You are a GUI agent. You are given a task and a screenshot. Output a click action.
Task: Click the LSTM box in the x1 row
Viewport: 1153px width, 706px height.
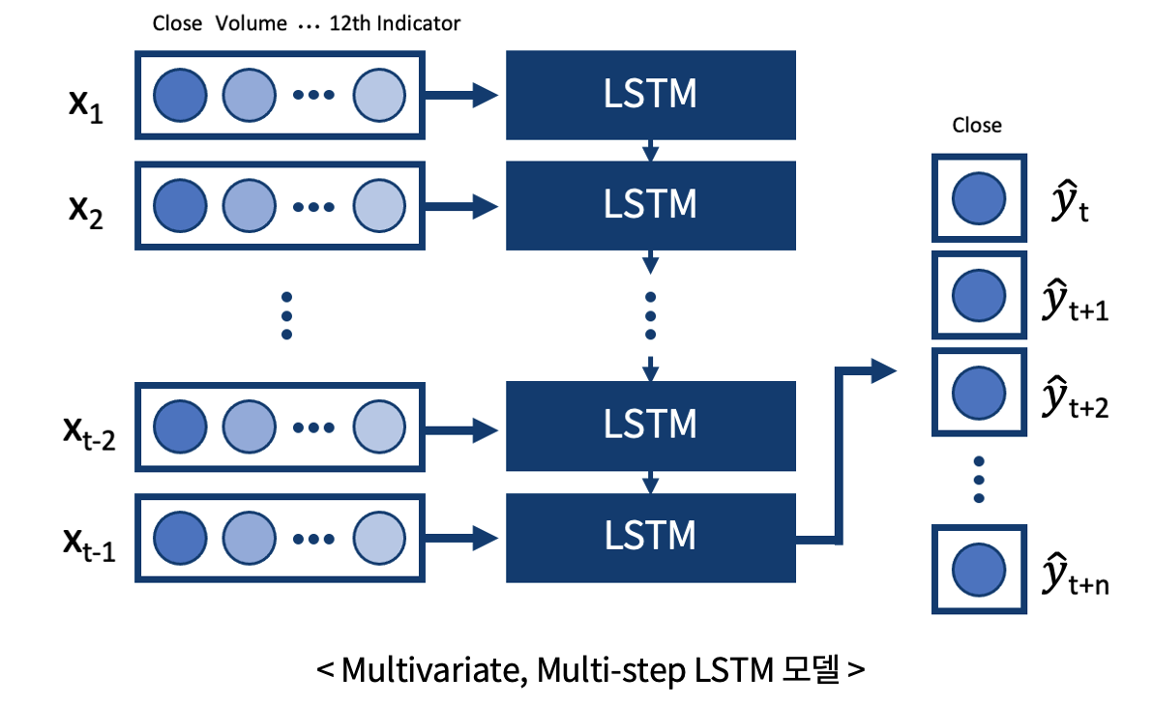tap(651, 95)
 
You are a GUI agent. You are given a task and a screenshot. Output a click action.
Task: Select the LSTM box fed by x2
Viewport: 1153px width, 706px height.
tap(651, 205)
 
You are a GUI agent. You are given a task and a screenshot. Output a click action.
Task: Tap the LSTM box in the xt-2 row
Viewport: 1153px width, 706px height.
tap(651, 426)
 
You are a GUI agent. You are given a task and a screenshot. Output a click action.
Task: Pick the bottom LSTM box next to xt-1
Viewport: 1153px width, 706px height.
tap(651, 538)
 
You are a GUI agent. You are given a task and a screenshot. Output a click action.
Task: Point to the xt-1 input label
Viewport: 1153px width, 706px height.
tap(89, 544)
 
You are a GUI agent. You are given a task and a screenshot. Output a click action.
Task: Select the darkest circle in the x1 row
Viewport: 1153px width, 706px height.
tap(180, 95)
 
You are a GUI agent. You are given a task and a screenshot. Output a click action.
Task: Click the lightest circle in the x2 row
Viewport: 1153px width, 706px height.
tap(379, 206)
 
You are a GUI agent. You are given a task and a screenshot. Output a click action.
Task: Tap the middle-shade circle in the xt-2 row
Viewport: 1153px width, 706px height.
tap(250, 427)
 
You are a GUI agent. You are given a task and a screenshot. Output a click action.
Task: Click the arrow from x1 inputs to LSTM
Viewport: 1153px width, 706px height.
tap(461, 95)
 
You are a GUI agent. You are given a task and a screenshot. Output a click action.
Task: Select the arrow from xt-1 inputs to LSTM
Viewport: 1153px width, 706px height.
tap(461, 538)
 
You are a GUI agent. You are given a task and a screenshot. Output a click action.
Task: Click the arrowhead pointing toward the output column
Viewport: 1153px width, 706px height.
tap(884, 370)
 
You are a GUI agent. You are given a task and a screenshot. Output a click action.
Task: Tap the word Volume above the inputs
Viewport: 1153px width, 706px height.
tap(251, 23)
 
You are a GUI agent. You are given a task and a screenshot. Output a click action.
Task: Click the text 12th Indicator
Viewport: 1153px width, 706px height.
tap(395, 23)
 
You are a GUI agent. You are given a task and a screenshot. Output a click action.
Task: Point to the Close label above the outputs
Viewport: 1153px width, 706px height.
tap(977, 125)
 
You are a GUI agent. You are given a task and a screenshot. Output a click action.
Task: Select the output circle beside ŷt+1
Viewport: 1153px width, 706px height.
tap(979, 295)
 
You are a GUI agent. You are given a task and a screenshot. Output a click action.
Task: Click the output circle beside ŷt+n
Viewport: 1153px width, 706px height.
tap(979, 570)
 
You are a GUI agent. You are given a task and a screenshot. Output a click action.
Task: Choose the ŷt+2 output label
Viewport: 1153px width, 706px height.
tap(1075, 397)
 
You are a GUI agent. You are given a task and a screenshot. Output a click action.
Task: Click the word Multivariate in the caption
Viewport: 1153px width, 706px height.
tap(434, 671)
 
